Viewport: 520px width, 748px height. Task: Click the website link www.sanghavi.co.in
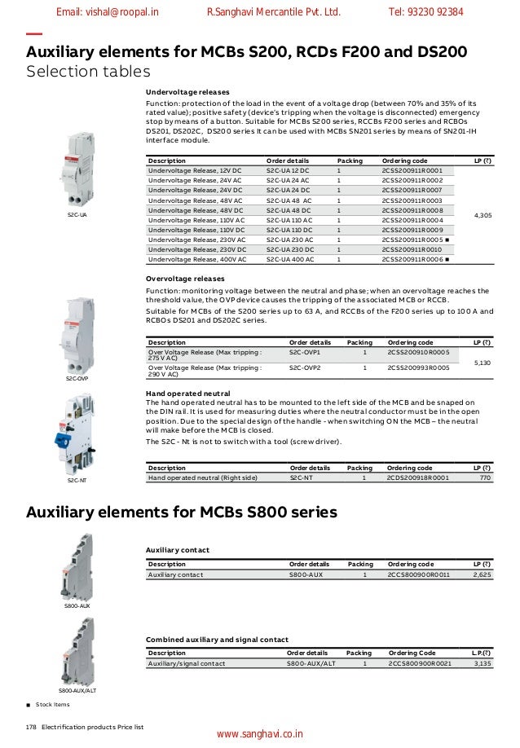(259, 734)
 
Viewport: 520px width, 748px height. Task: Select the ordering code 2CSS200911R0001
(412, 170)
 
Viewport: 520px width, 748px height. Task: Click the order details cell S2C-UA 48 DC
(288, 210)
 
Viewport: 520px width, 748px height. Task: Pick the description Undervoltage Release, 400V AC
(197, 259)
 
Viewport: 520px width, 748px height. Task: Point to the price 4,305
(482, 215)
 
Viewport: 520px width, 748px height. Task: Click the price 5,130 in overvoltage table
(482, 361)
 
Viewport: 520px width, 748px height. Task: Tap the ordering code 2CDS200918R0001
(417, 477)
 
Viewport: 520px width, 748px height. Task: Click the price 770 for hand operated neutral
(485, 477)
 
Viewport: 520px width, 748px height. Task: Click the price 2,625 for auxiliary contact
(482, 574)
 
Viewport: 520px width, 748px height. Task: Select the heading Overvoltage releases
(186, 279)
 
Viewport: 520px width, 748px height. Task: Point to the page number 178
(32, 725)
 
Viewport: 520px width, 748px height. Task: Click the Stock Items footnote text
(52, 703)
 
